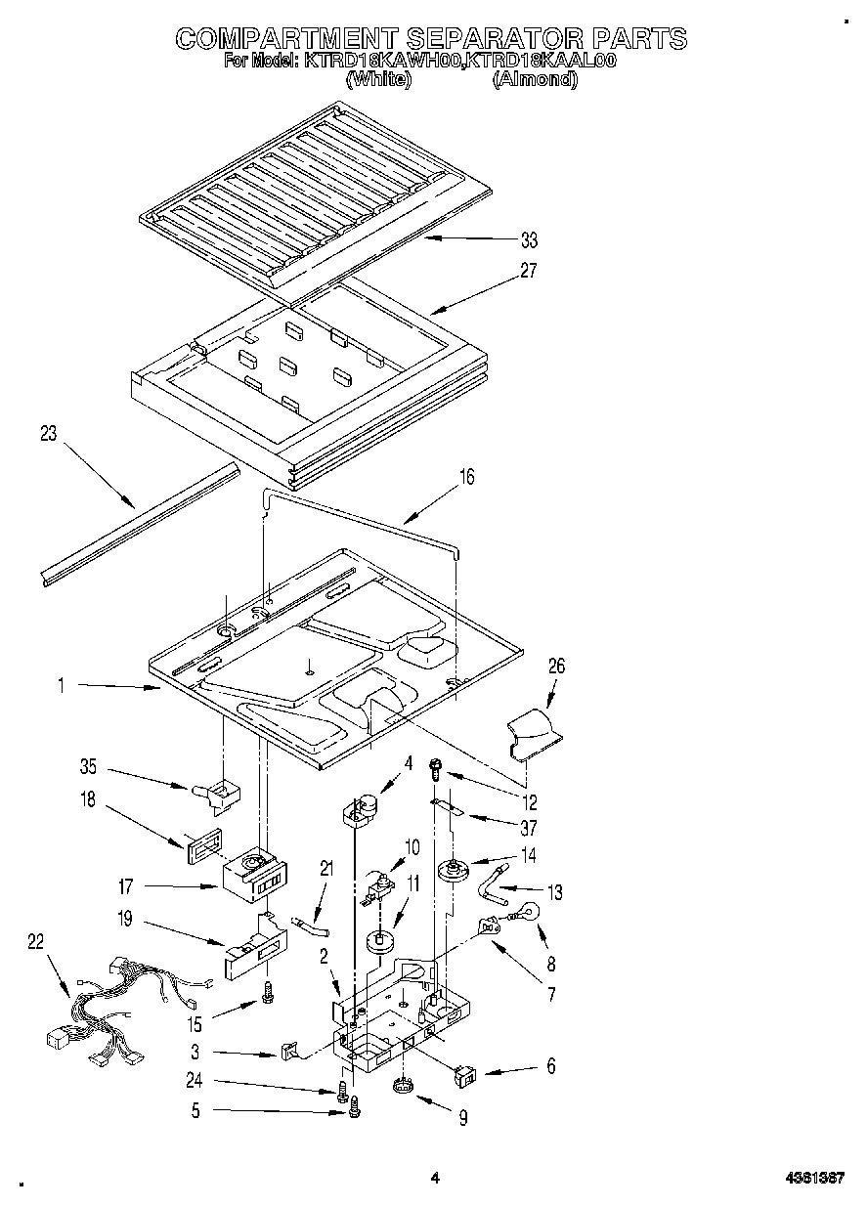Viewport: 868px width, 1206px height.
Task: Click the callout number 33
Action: (x=529, y=240)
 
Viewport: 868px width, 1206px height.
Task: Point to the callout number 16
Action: (x=467, y=476)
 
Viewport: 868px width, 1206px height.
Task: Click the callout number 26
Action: (x=556, y=667)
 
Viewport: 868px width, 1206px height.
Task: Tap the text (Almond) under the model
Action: (x=535, y=80)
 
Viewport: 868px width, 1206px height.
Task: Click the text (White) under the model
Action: (x=378, y=80)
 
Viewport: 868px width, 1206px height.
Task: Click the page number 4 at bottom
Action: (x=435, y=1179)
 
